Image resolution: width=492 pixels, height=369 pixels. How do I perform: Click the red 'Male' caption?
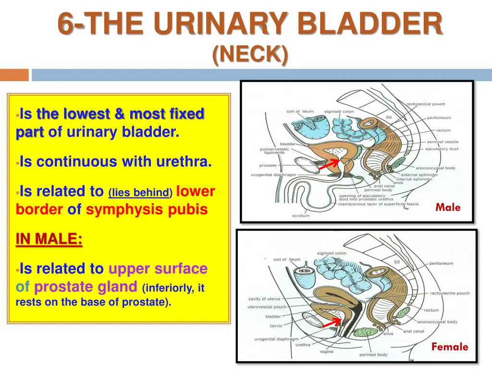[448, 208]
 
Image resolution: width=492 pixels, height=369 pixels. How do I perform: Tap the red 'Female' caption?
[449, 346]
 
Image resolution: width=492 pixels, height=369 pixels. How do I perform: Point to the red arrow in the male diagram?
[330, 164]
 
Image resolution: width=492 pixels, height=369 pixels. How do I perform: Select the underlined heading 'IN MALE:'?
[49, 239]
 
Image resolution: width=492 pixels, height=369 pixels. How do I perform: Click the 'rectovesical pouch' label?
[426, 104]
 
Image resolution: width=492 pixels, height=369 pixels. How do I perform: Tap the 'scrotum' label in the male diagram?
[301, 216]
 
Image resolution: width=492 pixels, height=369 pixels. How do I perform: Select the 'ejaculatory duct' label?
[442, 149]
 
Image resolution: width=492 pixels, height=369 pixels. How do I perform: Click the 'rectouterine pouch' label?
[450, 293]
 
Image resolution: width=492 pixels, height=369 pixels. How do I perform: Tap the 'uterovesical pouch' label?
[267, 307]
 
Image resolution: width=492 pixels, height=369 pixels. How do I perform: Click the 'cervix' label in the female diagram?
[276, 325]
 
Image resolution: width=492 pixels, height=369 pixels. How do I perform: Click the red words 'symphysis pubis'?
[147, 209]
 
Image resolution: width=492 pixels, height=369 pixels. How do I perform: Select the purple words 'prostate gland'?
[86, 287]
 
